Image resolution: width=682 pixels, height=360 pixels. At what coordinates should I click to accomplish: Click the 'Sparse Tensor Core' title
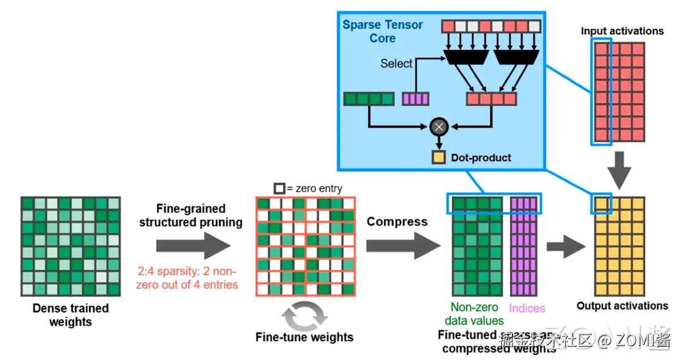[x=383, y=32]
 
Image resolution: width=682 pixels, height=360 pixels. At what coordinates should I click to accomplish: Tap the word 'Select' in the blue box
[x=396, y=64]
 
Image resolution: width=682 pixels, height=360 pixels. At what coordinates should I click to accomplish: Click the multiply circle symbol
[x=438, y=127]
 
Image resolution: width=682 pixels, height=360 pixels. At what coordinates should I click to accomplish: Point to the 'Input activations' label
[x=622, y=31]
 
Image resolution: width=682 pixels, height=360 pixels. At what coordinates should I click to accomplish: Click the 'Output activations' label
[x=622, y=306]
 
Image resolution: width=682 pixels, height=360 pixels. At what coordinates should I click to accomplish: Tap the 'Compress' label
[x=397, y=222]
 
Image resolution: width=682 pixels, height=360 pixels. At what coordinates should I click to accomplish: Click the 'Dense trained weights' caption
[x=71, y=315]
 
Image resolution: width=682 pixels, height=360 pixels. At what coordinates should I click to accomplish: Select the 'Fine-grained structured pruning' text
[x=191, y=215]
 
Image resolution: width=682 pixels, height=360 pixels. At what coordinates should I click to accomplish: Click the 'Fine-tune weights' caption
[x=304, y=337]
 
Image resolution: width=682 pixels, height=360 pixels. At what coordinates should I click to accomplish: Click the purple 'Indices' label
[x=527, y=308]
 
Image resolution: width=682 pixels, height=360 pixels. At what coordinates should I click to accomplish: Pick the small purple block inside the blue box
[x=416, y=99]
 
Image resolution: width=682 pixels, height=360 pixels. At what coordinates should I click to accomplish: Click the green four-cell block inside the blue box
[x=369, y=99]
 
